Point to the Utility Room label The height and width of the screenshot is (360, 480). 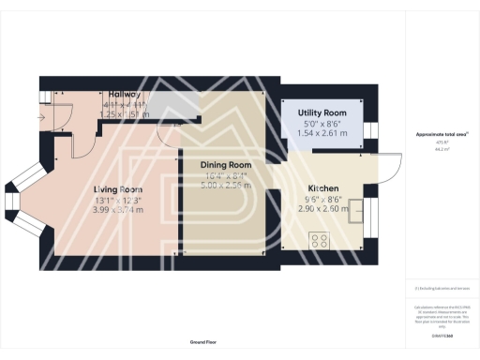(323, 112)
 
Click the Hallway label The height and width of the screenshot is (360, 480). (125, 95)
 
